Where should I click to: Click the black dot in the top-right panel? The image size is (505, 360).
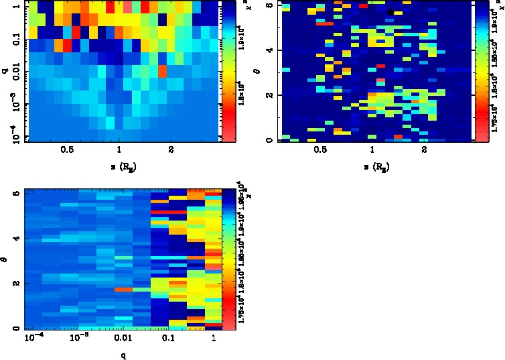pos(390,12)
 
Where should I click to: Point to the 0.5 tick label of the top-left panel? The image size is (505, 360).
pos(67,150)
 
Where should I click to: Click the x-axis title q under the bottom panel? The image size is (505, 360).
pos(123,355)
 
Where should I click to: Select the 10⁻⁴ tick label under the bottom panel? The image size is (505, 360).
pos(32,340)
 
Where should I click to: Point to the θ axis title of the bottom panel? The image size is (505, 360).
pos(5,255)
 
